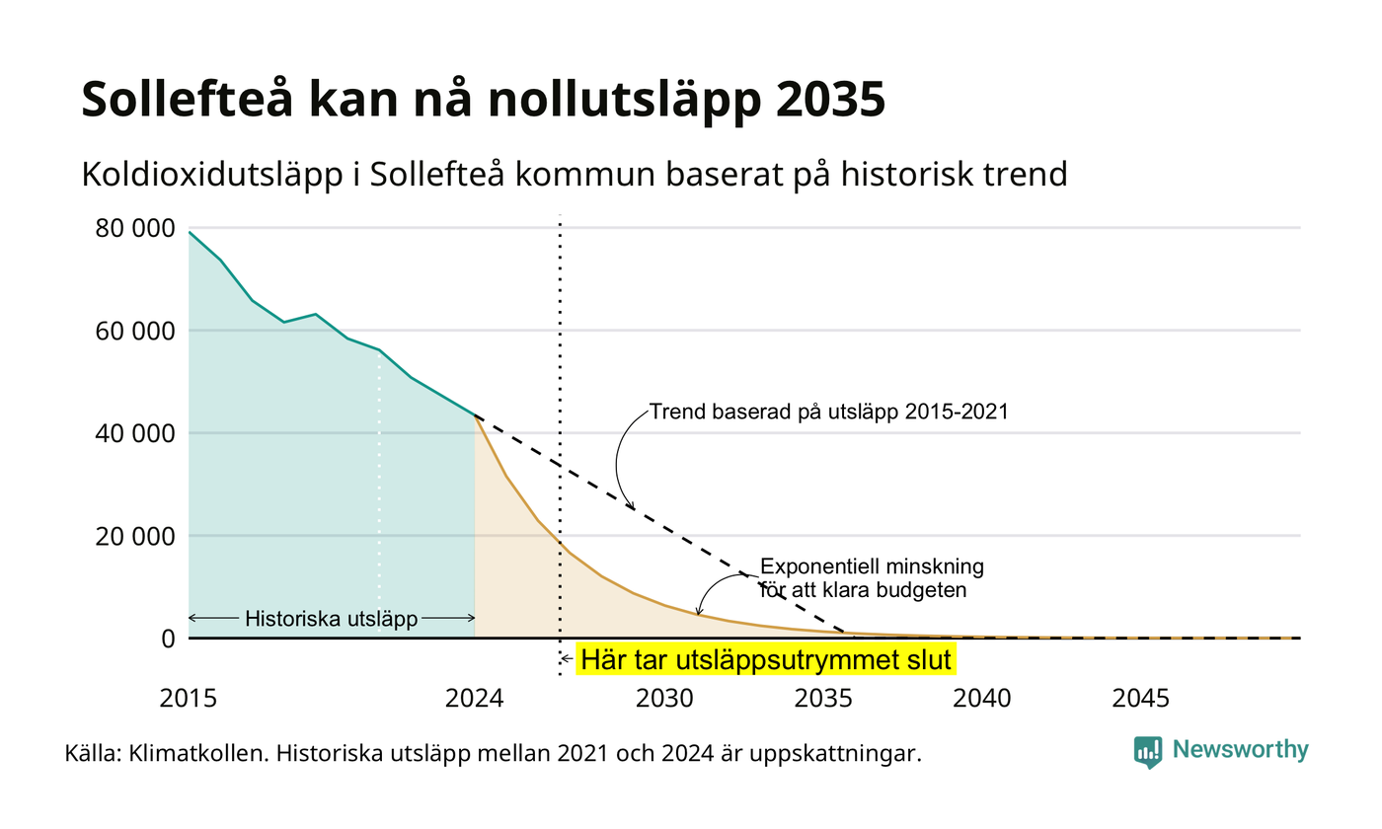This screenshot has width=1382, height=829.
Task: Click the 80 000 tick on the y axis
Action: pyautogui.click(x=135, y=228)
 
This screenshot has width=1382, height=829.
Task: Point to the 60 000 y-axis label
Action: pyautogui.click(x=135, y=332)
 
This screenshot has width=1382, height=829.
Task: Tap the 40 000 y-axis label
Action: pyautogui.click(x=135, y=433)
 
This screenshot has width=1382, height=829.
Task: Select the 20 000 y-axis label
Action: pyautogui.click(x=135, y=537)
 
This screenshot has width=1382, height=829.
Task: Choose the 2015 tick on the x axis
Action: pyautogui.click(x=189, y=699)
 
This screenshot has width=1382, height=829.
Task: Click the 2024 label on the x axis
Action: pyautogui.click(x=475, y=699)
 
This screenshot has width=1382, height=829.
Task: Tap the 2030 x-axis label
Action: pyautogui.click(x=665, y=699)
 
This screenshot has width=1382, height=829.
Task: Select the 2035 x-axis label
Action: pyautogui.click(x=823, y=699)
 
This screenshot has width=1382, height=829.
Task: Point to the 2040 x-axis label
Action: pyautogui.click(x=982, y=699)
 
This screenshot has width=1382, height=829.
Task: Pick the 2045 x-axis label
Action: pyautogui.click(x=1141, y=699)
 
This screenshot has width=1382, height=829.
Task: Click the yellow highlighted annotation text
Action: pyautogui.click(x=766, y=660)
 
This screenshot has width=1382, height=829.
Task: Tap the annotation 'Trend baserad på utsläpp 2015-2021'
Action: pyautogui.click(x=828, y=413)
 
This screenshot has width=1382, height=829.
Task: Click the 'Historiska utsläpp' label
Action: pyautogui.click(x=332, y=619)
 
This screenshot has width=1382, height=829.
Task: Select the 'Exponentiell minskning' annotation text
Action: pyautogui.click(x=872, y=566)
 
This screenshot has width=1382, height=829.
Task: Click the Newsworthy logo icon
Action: pyautogui.click(x=1148, y=752)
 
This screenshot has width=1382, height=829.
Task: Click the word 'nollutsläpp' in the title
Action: pyautogui.click(x=624, y=100)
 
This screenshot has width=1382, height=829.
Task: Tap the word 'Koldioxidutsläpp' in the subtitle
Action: pyautogui.click(x=212, y=176)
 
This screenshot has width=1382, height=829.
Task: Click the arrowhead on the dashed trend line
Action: pyautogui.click(x=631, y=505)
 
